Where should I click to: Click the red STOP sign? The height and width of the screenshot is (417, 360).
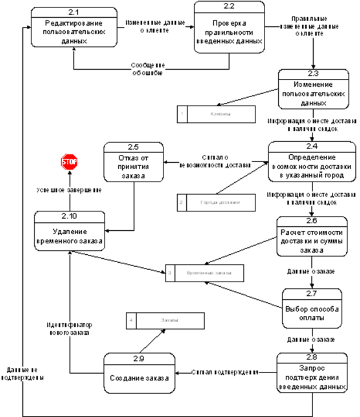coord(69,162)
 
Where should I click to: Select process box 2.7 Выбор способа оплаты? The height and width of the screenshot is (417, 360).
coord(313,309)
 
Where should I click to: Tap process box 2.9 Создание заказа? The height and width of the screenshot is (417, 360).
coord(139,374)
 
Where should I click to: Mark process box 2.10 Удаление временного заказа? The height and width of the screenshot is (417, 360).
coord(70,232)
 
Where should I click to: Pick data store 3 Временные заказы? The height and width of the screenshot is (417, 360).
coord(205,273)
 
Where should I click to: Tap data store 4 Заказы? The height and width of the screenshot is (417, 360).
coord(166,320)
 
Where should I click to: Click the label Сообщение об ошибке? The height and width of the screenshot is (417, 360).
coord(148,69)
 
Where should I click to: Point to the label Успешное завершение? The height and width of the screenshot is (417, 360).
coord(70,190)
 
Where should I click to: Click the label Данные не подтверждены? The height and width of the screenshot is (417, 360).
coord(22,374)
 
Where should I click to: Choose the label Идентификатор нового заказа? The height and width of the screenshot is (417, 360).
coord(68,328)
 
